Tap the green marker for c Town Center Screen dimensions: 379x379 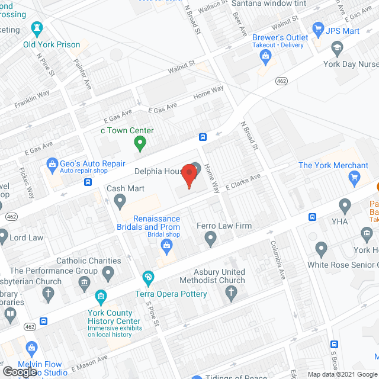point(140,143)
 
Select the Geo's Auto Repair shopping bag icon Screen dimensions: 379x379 point(52,163)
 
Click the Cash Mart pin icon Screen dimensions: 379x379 point(120,202)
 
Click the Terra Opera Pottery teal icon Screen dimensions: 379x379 point(148,277)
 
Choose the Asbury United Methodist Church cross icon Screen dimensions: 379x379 point(232,293)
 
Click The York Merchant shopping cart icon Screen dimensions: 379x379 point(355,176)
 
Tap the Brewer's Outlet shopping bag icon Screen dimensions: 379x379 point(265,56)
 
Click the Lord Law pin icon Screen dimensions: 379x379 point(3,239)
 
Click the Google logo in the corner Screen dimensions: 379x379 point(19,371)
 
